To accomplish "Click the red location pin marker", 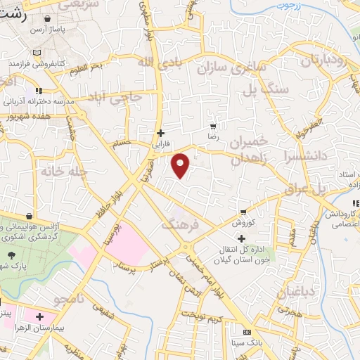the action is coord(181,165).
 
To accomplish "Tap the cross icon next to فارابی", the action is coord(160,131).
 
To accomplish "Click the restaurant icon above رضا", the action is coord(212,127).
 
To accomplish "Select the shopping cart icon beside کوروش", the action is coord(243,212).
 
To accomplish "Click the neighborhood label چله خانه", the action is coord(62,171).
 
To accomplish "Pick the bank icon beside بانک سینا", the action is coord(246,332).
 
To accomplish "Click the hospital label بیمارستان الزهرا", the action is coord(70,328).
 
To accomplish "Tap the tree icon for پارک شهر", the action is coord(10,255).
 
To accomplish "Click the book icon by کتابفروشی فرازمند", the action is coord(37,52).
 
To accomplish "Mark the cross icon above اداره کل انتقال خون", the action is coord(241,238).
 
